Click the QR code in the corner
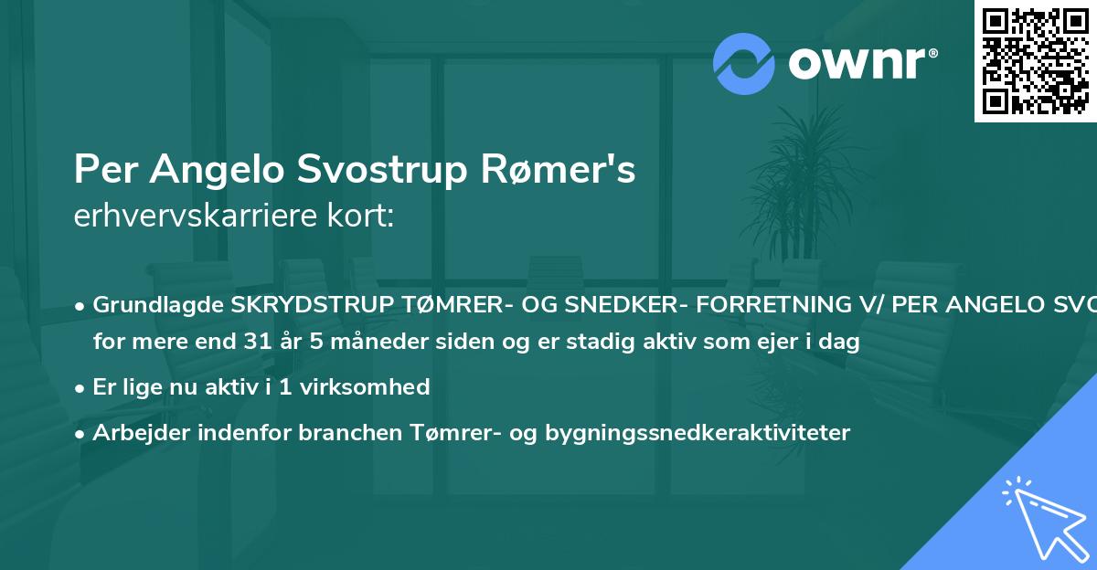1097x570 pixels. click(1035, 61)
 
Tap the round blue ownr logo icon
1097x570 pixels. click(744, 63)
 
